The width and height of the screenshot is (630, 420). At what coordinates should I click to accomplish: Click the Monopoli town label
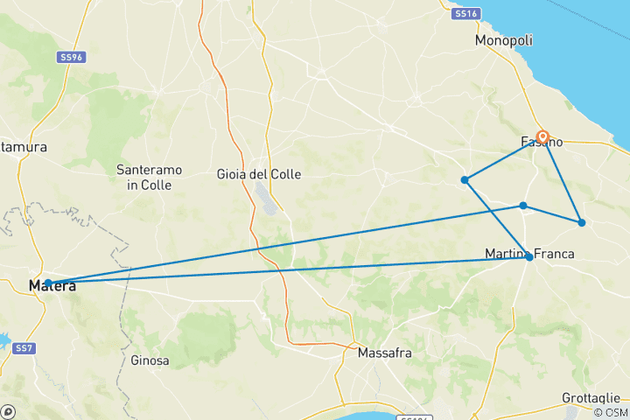click(504, 41)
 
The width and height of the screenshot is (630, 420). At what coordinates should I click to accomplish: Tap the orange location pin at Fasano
click(542, 137)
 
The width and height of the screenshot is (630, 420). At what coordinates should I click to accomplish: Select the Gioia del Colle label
click(259, 174)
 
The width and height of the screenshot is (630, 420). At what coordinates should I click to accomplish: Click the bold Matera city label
click(52, 286)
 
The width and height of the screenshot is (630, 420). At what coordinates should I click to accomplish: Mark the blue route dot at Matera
click(48, 283)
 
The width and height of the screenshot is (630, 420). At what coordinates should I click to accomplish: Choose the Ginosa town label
click(150, 360)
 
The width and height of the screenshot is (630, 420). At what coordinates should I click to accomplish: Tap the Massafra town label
click(385, 353)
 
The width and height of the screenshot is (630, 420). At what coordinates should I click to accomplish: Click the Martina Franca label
click(529, 254)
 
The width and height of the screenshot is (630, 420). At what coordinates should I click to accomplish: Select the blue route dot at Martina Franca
click(529, 257)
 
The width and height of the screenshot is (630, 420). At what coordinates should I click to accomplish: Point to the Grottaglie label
click(592, 398)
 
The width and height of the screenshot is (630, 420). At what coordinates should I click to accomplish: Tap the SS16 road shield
click(465, 14)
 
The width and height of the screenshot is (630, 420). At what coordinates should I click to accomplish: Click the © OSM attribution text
click(610, 412)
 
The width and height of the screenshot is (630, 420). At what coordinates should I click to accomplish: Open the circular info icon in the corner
click(8, 411)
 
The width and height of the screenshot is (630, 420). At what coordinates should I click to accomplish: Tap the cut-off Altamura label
click(23, 147)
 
